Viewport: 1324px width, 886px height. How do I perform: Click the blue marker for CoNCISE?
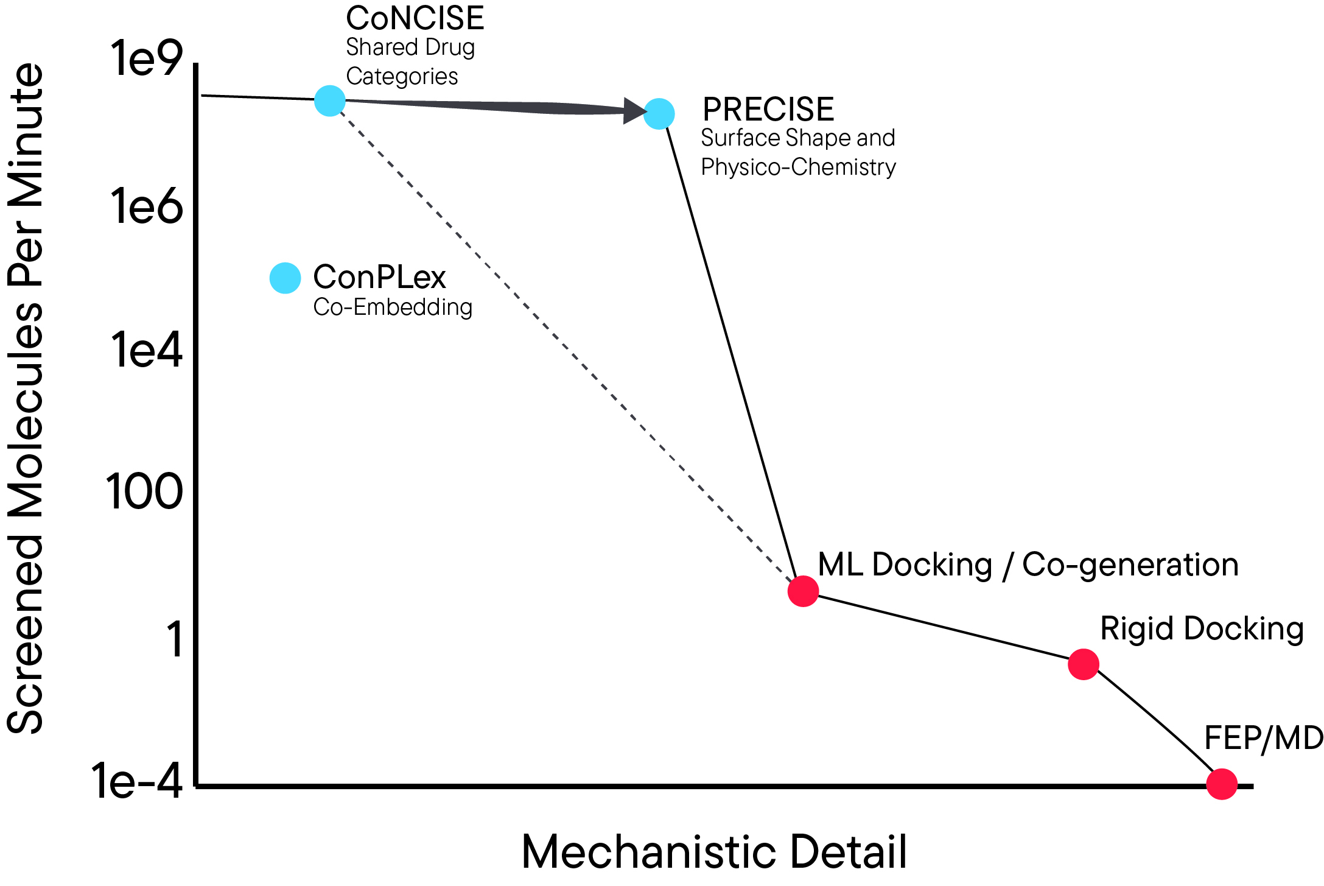point(330,100)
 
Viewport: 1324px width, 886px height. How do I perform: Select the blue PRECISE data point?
point(659,114)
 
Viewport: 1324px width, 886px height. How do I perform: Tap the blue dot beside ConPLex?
point(285,278)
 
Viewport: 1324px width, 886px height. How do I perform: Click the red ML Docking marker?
point(803,591)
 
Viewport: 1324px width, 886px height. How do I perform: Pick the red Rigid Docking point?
point(1084,664)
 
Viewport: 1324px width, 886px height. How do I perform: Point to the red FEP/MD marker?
point(1222,784)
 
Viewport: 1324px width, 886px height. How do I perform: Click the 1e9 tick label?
point(146,59)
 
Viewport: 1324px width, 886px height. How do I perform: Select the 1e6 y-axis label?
point(146,207)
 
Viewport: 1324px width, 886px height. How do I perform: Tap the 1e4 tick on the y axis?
point(146,351)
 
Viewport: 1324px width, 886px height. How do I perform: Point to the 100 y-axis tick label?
point(144,492)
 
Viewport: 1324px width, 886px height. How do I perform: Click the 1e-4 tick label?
point(137,781)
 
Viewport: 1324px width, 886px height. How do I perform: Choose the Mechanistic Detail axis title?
point(714,852)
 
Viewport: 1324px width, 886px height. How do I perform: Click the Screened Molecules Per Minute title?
point(26,399)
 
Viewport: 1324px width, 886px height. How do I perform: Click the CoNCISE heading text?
point(415,18)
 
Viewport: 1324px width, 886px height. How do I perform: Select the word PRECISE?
point(768,110)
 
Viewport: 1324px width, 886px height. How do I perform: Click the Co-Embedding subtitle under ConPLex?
point(393,308)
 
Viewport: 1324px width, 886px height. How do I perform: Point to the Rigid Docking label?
point(1202,629)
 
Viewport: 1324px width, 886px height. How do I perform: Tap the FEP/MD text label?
point(1264,739)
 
